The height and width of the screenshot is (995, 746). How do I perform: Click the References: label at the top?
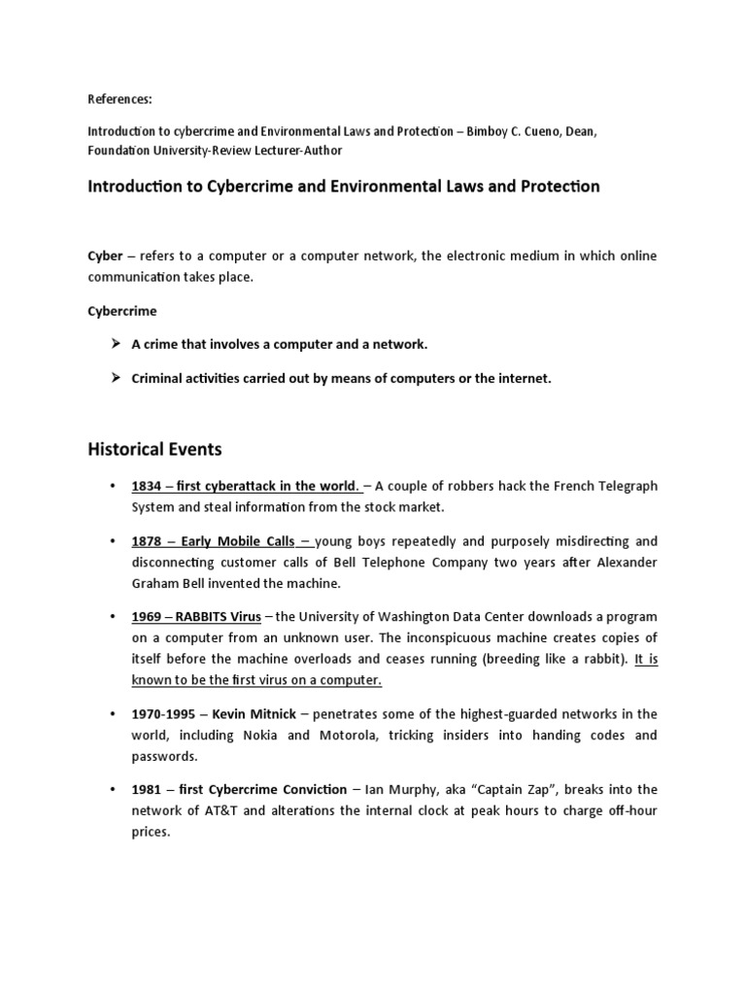120,99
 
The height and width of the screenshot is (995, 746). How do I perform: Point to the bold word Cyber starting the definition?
105,256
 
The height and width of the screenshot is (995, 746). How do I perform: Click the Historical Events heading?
154,449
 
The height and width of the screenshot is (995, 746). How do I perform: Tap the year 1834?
147,486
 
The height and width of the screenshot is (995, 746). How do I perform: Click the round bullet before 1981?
114,790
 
